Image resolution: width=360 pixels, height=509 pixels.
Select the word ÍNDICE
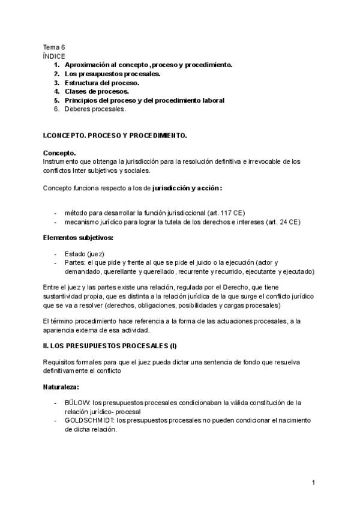click(54, 56)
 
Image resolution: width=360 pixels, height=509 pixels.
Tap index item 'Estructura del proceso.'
click(101, 82)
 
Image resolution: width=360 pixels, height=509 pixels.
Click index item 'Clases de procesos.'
click(96, 91)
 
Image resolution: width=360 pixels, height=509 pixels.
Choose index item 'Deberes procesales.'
click(95, 109)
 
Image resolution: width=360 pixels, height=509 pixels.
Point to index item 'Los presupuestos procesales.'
click(112, 73)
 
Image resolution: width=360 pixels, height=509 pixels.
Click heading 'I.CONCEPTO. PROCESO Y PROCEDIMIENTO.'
click(115, 136)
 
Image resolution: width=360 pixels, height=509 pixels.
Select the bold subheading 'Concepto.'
click(59, 153)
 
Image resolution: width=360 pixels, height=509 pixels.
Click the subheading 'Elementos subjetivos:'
click(78, 238)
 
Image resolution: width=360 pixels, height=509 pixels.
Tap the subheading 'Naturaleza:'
click(61, 388)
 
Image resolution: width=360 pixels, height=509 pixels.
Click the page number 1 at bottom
click(313, 482)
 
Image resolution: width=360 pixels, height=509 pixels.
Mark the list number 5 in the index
click(56, 100)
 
